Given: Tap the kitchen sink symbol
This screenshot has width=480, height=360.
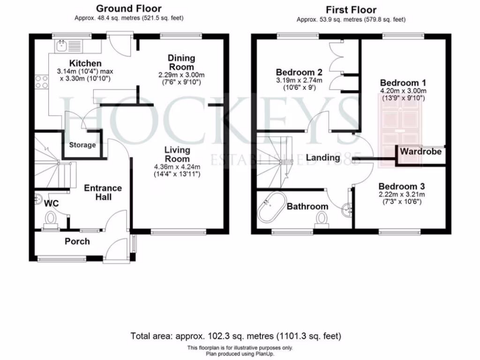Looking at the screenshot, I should click(x=61, y=46).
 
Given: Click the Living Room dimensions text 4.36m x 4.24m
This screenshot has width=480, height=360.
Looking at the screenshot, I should click(x=177, y=167).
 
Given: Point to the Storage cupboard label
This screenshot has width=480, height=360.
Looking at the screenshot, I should click(x=82, y=145).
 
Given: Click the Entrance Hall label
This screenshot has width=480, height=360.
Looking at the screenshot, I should click(x=103, y=192).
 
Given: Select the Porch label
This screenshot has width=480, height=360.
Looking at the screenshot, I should click(x=77, y=241).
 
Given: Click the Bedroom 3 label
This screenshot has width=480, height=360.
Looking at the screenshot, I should click(x=402, y=186).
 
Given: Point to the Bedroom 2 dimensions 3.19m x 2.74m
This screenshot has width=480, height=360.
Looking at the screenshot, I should click(x=299, y=80).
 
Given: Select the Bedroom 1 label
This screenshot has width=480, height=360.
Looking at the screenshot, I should click(x=403, y=82).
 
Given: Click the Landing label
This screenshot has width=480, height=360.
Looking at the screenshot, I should click(x=322, y=157).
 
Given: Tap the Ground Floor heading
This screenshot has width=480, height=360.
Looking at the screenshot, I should click(x=128, y=8).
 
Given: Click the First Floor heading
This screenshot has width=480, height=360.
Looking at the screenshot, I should click(x=351, y=9).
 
